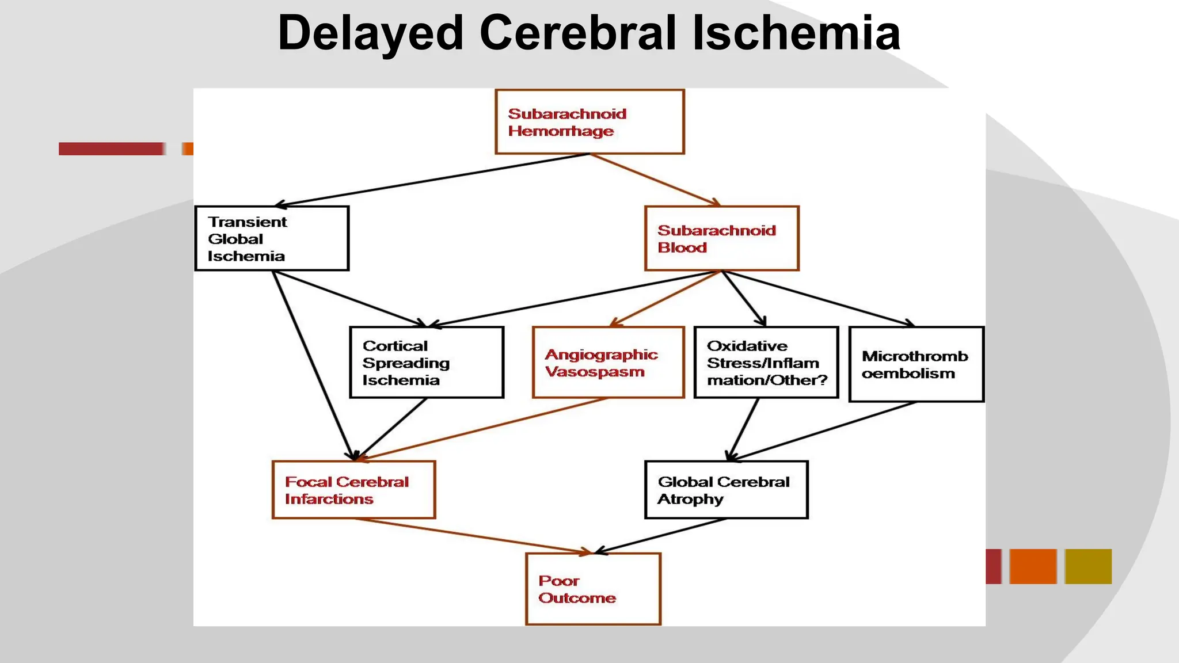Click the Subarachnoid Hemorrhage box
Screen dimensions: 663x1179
point(589,121)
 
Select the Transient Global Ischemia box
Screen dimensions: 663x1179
point(272,238)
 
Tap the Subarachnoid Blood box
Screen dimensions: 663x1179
point(722,238)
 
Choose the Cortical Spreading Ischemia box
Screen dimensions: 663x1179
point(427,363)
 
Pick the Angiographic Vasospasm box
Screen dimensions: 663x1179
point(608,363)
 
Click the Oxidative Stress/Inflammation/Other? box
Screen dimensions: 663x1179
point(766,363)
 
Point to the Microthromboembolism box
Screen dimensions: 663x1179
point(916,364)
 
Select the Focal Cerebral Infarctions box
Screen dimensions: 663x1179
point(353,490)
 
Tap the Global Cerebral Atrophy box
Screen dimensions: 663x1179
point(727,490)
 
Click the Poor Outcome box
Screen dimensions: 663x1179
point(593,589)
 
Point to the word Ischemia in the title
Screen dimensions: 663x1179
point(796,33)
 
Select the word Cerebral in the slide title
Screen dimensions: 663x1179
point(577,33)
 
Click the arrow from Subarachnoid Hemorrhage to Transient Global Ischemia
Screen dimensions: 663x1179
point(432,180)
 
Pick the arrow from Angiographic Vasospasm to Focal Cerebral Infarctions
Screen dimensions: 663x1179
point(484,429)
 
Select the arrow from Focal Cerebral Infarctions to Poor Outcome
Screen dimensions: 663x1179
point(472,535)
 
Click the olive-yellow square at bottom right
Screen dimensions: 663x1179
point(1088,566)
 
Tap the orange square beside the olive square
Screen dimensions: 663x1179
point(1033,566)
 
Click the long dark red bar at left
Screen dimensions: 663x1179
point(111,149)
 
